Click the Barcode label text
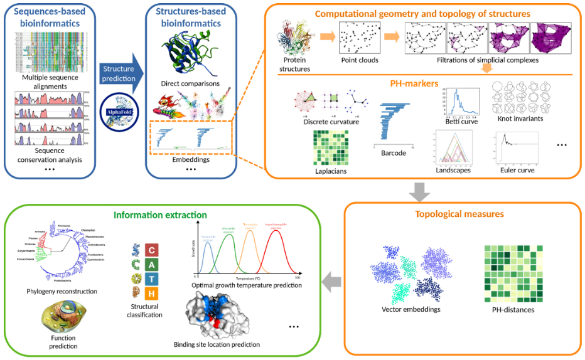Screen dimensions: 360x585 pyautogui.click(x=394, y=152)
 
